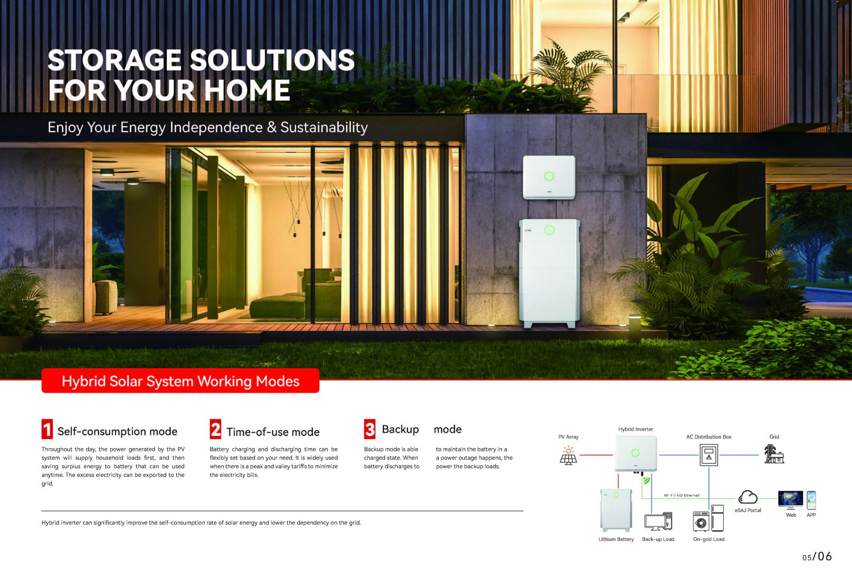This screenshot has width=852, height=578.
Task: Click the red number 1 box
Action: pos(47,430)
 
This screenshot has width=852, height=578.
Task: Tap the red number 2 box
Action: pos(215,430)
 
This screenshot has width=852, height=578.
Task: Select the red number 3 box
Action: pos(370,430)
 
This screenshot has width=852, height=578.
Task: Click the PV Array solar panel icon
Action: pos(568,456)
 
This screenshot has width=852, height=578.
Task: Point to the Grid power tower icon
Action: pos(774,454)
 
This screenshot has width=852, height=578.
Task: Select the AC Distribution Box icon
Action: pos(709,455)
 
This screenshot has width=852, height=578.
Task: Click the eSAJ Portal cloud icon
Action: pos(748,497)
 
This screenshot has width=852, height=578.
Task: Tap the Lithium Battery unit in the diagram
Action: pos(616,510)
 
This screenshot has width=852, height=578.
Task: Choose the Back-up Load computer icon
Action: pos(658,522)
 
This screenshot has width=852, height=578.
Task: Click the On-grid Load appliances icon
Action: pos(708,518)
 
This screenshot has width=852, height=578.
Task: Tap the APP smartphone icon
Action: pos(812,500)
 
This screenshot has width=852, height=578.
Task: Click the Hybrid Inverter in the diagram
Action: pos(636,454)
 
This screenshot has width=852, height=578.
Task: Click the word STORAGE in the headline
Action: pos(114,60)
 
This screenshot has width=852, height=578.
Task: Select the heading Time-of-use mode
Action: pos(273,432)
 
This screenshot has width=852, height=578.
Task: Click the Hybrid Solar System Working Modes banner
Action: pos(181,381)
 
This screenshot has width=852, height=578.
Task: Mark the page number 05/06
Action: pos(817,557)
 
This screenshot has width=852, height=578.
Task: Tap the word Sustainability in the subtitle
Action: pos(324,127)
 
